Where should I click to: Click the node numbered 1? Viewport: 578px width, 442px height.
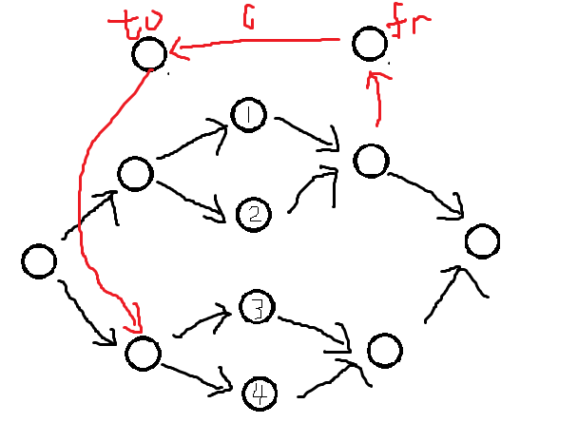(249, 116)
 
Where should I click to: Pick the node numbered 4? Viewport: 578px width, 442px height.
(259, 392)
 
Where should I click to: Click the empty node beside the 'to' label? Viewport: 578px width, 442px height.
(149, 53)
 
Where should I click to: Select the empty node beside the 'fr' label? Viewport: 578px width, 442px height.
(369, 44)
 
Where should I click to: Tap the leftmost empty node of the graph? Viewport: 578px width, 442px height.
(39, 260)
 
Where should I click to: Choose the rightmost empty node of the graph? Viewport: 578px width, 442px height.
(482, 241)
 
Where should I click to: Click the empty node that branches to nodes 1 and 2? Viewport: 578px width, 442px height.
(135, 174)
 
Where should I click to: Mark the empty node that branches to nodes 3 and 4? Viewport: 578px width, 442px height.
(142, 353)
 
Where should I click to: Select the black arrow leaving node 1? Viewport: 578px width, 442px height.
(304, 131)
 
